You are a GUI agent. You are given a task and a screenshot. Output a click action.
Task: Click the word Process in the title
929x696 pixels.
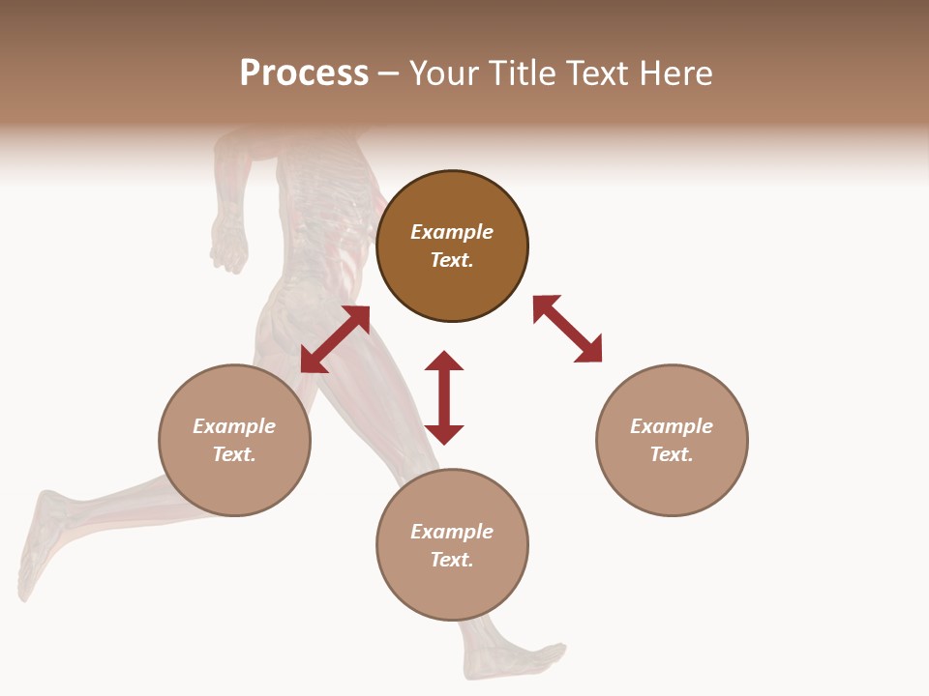point(304,73)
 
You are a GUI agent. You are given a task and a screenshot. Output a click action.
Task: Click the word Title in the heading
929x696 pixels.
point(524,73)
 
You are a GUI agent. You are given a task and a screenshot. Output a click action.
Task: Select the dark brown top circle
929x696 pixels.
point(452,246)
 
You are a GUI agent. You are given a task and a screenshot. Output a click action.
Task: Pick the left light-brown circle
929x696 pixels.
point(234,440)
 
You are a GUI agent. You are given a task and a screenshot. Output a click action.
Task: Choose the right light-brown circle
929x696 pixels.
point(672,440)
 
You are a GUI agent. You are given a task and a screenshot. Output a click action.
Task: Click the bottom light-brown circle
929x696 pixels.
point(452,545)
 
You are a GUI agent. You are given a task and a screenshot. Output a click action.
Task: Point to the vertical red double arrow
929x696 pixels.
point(444,397)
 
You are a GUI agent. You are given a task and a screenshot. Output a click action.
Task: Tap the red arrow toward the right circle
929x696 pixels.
point(567,329)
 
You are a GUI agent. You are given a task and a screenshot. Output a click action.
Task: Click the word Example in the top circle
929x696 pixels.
point(452,232)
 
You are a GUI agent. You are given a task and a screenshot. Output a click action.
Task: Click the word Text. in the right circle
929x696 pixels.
point(672,454)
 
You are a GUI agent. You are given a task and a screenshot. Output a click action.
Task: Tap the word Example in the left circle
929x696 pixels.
point(234,426)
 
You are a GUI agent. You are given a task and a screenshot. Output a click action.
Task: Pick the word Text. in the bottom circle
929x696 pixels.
point(452,560)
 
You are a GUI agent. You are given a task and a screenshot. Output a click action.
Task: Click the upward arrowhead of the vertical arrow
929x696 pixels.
point(444,361)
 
